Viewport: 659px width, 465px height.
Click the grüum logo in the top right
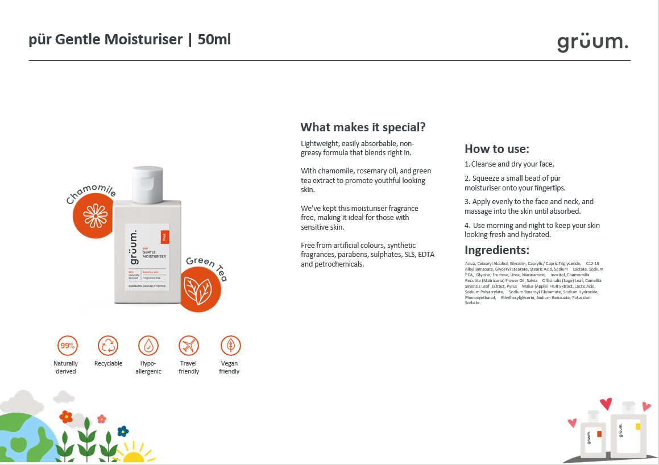(x=592, y=42)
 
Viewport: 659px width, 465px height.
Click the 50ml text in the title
(x=214, y=39)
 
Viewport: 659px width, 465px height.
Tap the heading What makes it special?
(x=363, y=127)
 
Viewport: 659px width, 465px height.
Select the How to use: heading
(x=496, y=149)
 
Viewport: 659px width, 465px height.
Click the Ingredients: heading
(x=496, y=250)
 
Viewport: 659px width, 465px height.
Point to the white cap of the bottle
(x=147, y=184)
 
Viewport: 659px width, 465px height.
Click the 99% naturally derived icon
(x=67, y=346)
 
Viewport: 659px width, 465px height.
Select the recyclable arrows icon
(x=108, y=346)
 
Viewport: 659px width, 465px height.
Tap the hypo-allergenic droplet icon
(x=148, y=346)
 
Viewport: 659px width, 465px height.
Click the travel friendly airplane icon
(x=189, y=346)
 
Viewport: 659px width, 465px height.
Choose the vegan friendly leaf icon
(x=230, y=346)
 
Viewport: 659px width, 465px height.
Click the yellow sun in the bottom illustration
(x=134, y=456)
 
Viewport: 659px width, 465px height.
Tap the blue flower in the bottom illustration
(x=123, y=430)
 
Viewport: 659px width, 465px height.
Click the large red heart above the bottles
(x=606, y=404)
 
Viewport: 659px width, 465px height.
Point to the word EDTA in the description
(x=426, y=255)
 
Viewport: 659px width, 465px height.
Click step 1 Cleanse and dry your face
(x=509, y=164)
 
